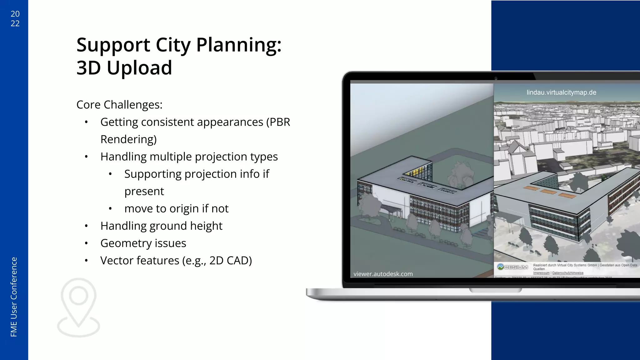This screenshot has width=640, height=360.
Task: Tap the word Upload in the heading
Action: pyautogui.click(x=139, y=68)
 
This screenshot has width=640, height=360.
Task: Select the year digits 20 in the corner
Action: pyautogui.click(x=15, y=14)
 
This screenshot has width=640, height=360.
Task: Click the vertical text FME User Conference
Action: pyautogui.click(x=14, y=297)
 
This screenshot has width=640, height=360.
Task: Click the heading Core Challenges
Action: pyautogui.click(x=119, y=105)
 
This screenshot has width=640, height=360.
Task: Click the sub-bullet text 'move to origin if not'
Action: pyautogui.click(x=176, y=209)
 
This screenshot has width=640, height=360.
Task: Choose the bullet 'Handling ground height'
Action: pyautogui.click(x=161, y=226)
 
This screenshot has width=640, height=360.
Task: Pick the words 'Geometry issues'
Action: pyautogui.click(x=143, y=243)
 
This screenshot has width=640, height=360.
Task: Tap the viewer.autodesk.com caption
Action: pyautogui.click(x=383, y=274)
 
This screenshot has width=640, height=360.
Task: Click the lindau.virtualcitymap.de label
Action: pyautogui.click(x=561, y=92)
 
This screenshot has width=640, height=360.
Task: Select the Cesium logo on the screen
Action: pyautogui.click(x=512, y=267)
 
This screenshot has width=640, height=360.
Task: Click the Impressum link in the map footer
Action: pyautogui.click(x=541, y=273)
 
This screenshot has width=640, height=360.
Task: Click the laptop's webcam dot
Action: pyautogui.click(x=496, y=78)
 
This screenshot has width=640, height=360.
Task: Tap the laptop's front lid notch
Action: pyautogui.click(x=495, y=291)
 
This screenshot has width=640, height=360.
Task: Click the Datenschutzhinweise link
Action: pyautogui.click(x=568, y=273)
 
